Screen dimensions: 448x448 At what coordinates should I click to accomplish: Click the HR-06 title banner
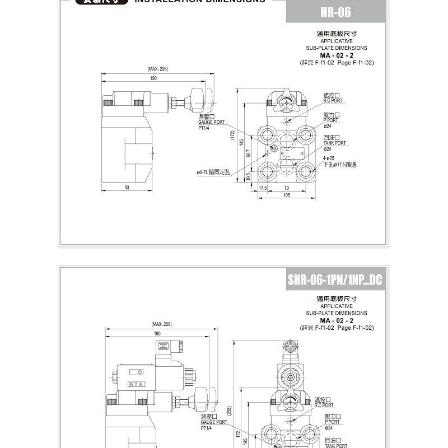pyautogui.click(x=336, y=12)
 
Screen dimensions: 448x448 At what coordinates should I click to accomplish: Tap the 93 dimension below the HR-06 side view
pyautogui.click(x=127, y=188)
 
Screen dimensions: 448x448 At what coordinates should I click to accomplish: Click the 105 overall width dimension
pyautogui.click(x=287, y=195)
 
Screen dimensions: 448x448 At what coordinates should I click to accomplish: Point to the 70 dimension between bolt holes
pyautogui.click(x=286, y=188)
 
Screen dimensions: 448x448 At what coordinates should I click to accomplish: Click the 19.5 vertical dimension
pyautogui.click(x=249, y=176)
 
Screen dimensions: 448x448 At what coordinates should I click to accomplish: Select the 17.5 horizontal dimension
pyautogui.click(x=262, y=188)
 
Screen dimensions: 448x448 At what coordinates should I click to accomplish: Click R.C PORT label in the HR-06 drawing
pyautogui.click(x=333, y=101)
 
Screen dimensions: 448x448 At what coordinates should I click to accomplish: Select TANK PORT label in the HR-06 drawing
pyautogui.click(x=335, y=143)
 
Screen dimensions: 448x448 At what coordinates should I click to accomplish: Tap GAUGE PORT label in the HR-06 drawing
pyautogui.click(x=211, y=122)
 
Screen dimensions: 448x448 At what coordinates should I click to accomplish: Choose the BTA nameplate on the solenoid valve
pyautogui.click(x=135, y=384)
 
